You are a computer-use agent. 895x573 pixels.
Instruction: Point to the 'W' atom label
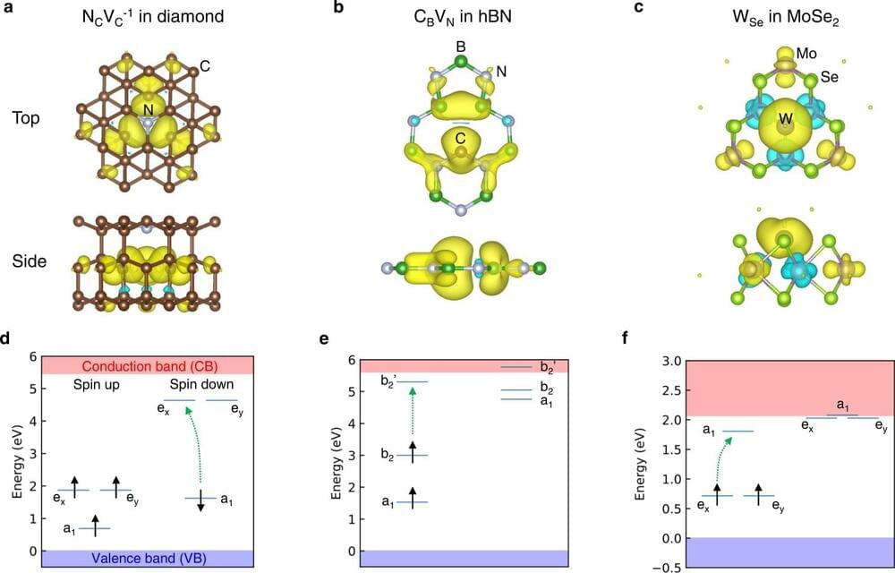pos(785,119)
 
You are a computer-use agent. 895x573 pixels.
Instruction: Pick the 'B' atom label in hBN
pos(460,44)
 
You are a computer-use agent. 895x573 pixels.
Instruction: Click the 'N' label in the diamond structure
pos(146,109)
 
